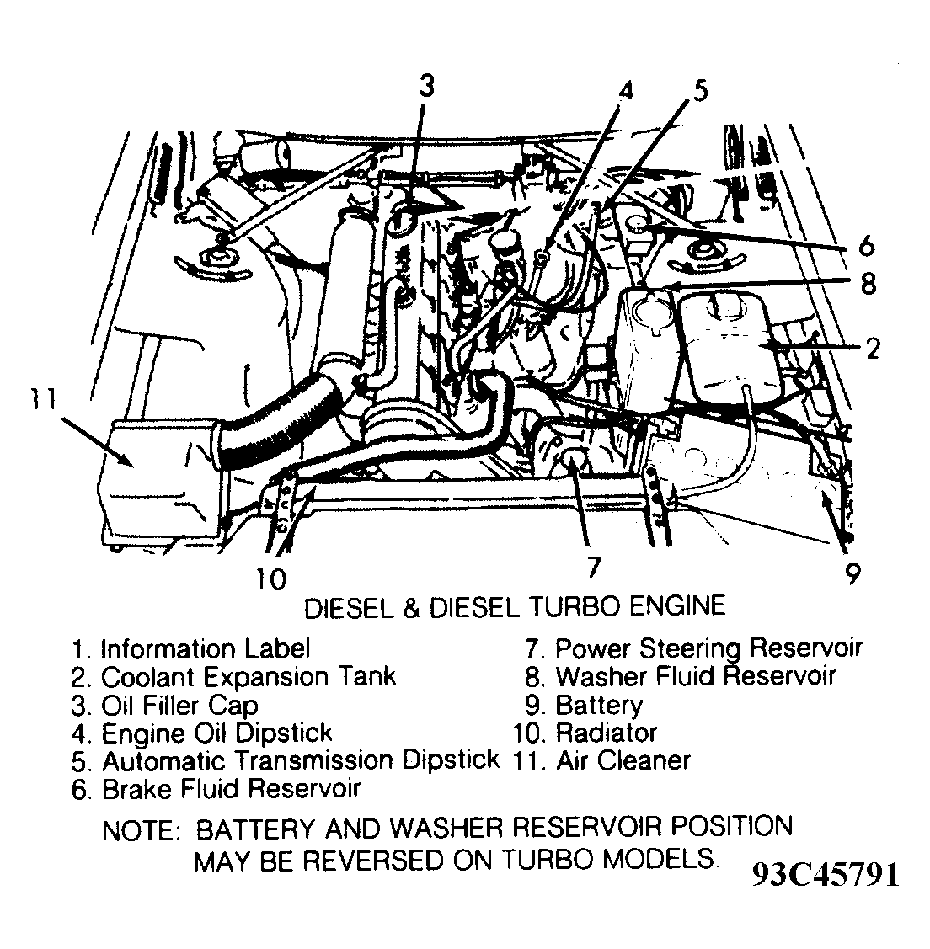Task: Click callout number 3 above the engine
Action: click(x=428, y=85)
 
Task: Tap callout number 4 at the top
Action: click(x=624, y=90)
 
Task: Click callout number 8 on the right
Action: click(x=868, y=284)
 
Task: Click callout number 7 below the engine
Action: click(x=593, y=567)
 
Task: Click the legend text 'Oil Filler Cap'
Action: click(x=179, y=705)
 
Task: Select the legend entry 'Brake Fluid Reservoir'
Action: click(x=230, y=788)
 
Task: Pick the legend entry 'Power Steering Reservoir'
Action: click(x=708, y=648)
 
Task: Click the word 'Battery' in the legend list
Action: click(x=598, y=705)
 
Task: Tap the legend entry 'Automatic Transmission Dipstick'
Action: click(x=300, y=760)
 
